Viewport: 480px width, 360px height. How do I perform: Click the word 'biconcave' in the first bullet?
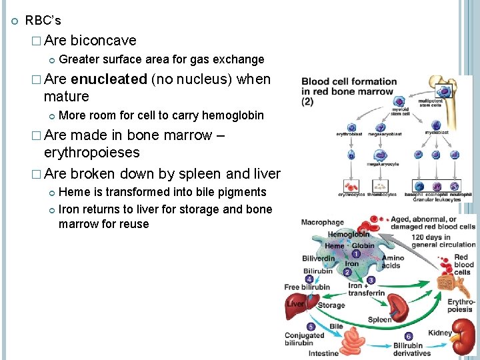(x=103, y=41)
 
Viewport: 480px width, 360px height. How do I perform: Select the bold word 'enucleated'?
(x=109, y=79)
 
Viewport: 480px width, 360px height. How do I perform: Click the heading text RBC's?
(x=43, y=21)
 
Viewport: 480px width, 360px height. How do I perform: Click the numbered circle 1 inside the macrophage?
(x=356, y=254)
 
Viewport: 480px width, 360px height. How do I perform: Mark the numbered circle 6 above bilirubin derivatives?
(x=409, y=337)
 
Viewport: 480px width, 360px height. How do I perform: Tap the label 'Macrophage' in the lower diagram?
(x=323, y=222)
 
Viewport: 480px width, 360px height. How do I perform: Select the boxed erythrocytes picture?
(x=351, y=187)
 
